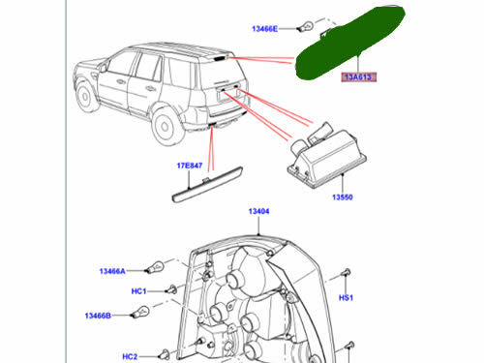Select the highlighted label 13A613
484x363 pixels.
355,76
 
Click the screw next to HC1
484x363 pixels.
169,288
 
